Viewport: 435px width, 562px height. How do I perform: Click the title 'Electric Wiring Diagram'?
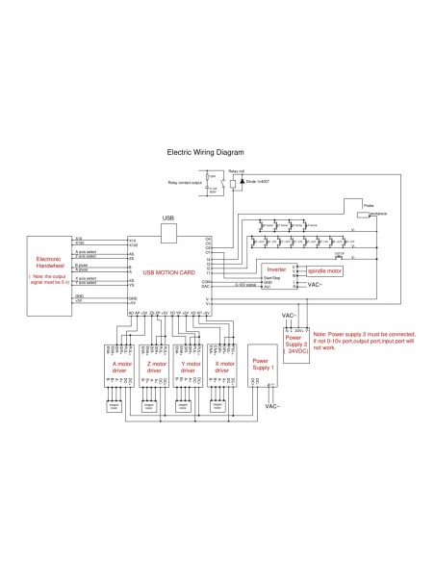(206, 152)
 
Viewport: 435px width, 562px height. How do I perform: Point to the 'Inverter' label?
(276, 269)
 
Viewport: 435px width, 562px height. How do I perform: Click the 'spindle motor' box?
(324, 271)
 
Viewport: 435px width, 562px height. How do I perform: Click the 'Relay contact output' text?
(185, 181)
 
